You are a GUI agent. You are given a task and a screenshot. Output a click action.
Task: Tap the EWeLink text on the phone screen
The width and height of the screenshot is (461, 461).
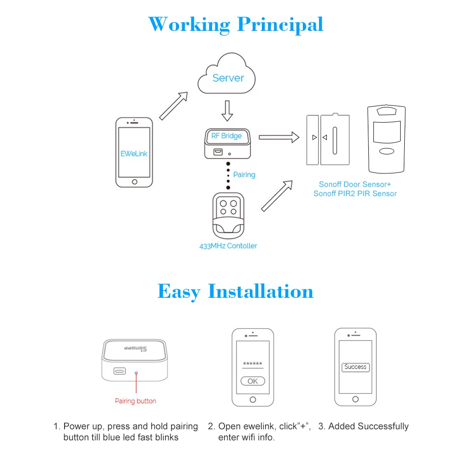(x=134, y=154)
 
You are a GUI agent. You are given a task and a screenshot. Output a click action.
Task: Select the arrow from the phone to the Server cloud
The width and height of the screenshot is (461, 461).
(x=174, y=106)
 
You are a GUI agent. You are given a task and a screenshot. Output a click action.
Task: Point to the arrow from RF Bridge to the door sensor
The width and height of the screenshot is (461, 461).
(x=278, y=137)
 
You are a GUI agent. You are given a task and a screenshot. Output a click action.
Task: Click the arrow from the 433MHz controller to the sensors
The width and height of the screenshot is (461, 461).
(x=277, y=195)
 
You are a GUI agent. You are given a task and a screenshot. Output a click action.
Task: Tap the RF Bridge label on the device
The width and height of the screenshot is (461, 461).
(x=226, y=136)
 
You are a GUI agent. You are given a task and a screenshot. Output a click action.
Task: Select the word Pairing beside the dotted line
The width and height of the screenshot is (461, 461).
(x=244, y=175)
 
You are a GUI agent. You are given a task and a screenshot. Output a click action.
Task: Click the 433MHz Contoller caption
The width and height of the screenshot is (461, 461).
(x=228, y=246)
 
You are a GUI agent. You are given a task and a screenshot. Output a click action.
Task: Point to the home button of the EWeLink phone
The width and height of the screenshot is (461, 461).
(x=134, y=182)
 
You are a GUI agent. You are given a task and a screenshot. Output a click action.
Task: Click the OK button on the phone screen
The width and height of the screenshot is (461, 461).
(x=253, y=381)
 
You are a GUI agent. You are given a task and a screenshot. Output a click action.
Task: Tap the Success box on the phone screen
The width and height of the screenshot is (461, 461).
(x=355, y=367)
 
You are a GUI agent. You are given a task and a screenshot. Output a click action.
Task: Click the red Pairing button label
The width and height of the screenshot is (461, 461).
(x=136, y=401)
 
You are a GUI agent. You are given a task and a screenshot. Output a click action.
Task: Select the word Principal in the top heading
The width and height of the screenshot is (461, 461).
(x=280, y=24)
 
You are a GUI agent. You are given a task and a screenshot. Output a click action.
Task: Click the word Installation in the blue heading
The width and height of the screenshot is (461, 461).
(x=260, y=291)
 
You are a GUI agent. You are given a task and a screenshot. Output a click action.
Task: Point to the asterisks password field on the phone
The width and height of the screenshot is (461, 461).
(x=252, y=364)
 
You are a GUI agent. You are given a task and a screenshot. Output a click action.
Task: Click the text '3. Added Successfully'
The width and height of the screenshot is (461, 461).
(x=363, y=426)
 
